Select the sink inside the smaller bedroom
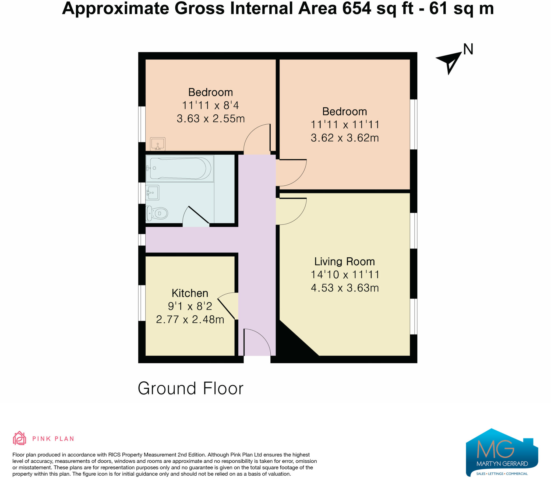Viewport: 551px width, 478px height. coord(158,144)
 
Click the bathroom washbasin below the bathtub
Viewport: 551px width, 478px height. coord(152,192)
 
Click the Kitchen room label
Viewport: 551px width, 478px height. coord(190,293)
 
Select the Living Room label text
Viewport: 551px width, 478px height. coord(344,262)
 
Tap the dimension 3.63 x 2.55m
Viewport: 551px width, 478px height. coord(211,119)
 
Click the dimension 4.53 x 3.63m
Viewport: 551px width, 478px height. coord(345,288)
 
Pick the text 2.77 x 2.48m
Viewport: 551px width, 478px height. coord(190,319)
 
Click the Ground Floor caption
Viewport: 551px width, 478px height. coord(190,388)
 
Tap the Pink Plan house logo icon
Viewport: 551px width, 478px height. coord(19,438)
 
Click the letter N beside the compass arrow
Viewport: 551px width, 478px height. coord(468,50)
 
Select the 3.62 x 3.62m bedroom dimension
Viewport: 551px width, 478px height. coord(345,138)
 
